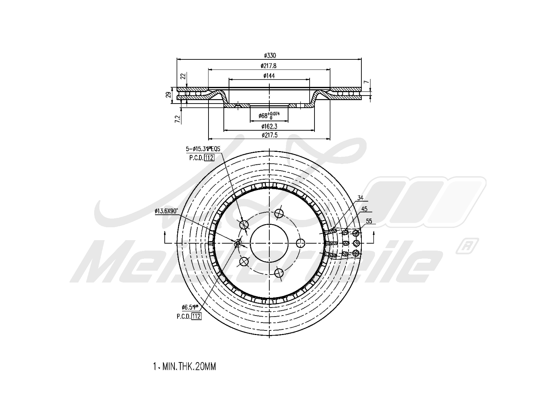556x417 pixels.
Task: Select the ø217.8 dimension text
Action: (x=269, y=66)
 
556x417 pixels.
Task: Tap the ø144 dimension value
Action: (x=269, y=76)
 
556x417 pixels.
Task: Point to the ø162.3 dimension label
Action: (x=269, y=126)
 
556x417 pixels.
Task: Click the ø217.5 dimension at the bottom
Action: (x=269, y=136)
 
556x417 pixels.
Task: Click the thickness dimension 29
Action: (x=168, y=95)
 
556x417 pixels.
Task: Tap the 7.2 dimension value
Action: (x=178, y=119)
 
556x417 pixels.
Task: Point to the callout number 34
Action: (x=360, y=198)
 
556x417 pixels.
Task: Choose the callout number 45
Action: (x=364, y=209)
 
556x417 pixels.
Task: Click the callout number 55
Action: (x=369, y=221)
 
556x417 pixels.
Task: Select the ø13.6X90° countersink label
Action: (x=166, y=211)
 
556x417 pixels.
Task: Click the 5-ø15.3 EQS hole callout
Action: (x=203, y=149)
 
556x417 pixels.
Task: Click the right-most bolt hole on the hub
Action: (x=300, y=243)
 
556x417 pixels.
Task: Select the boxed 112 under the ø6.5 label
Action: (x=196, y=316)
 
